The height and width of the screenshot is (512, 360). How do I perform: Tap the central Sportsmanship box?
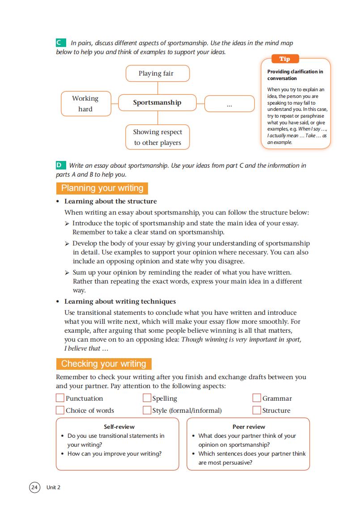[x=157, y=103]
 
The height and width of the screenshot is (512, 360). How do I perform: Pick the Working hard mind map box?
[x=85, y=104]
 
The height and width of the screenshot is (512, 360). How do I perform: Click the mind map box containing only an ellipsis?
[x=229, y=104]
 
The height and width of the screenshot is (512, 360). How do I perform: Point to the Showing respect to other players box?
[x=157, y=137]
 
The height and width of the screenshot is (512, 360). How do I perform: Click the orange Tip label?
[x=284, y=59]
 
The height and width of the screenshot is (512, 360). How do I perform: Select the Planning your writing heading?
[x=102, y=188]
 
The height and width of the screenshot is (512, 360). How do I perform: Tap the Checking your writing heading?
[x=104, y=364]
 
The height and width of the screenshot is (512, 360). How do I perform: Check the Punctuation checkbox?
[x=60, y=398]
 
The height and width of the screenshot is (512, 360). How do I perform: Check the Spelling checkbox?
[x=147, y=398]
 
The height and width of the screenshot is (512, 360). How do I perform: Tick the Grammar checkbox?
[x=257, y=398]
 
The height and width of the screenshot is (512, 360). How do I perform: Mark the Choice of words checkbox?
[x=60, y=410]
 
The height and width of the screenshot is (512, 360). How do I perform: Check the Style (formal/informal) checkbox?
[x=147, y=410]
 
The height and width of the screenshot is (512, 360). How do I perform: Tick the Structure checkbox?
[x=257, y=410]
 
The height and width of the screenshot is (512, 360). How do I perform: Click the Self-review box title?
[x=119, y=427]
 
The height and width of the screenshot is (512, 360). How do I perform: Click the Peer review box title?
[x=249, y=427]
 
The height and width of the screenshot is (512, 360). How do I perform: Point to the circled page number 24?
[x=34, y=487]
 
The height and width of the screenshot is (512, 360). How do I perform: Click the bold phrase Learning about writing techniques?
[x=120, y=301]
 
